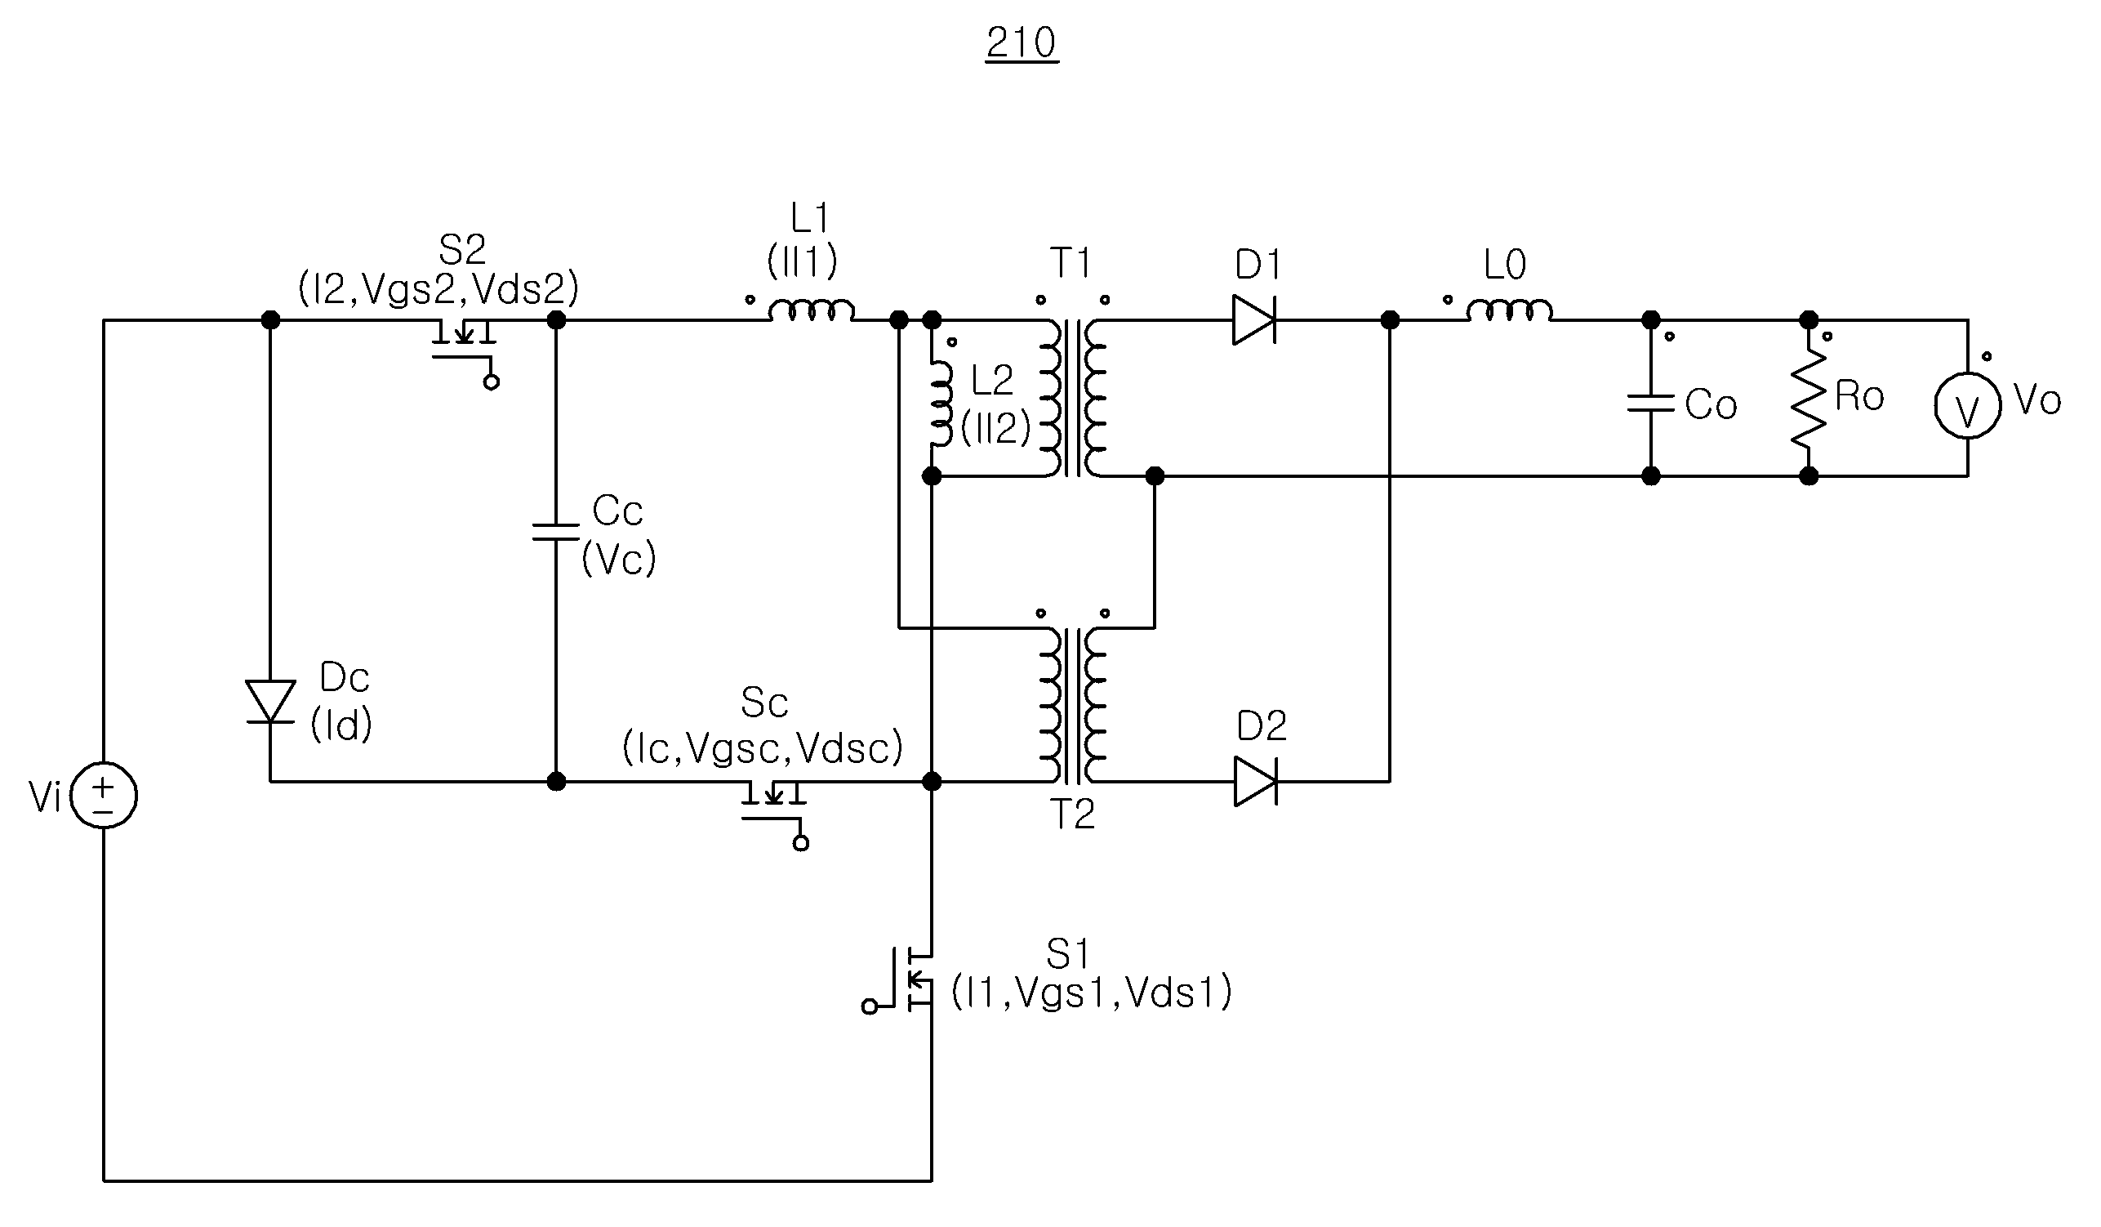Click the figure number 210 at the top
click(1022, 42)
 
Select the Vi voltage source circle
click(104, 796)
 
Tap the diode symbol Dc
click(270, 703)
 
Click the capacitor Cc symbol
click(555, 531)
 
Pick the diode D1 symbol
click(1255, 320)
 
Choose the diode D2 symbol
click(1256, 782)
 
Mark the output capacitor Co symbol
click(1651, 404)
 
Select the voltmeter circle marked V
click(1968, 405)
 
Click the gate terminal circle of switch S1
click(870, 1006)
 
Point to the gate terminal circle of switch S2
click(492, 383)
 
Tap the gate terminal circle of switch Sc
click(801, 844)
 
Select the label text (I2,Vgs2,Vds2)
click(438, 288)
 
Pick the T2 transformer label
click(1072, 814)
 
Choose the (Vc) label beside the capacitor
click(619, 558)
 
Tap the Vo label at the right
click(2036, 399)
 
